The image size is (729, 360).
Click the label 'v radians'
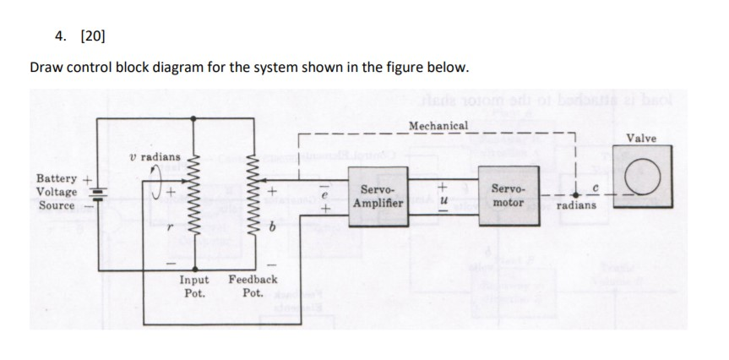point(154,157)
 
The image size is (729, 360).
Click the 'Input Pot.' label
point(196,285)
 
